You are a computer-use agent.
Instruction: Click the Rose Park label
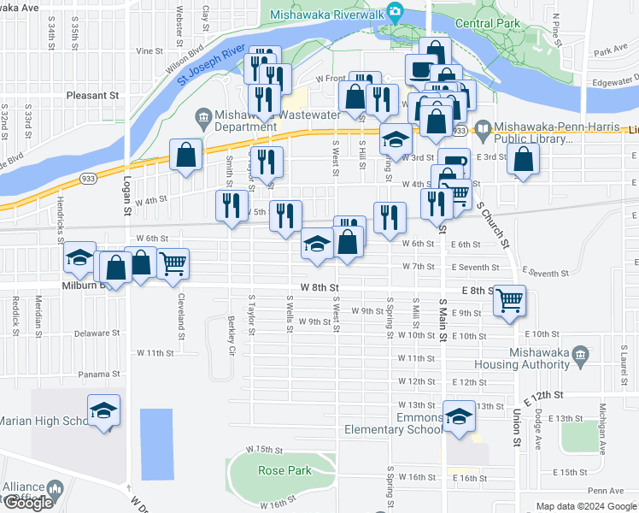[x=284, y=469]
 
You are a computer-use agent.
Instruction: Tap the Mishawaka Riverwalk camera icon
[x=394, y=11]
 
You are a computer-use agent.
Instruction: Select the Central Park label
[x=487, y=23]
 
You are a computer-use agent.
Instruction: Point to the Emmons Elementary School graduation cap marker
[x=459, y=416]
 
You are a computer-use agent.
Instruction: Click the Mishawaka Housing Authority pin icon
[x=580, y=354]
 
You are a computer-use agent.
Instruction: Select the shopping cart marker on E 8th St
[x=509, y=299]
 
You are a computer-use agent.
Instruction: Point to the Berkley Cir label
[x=232, y=333]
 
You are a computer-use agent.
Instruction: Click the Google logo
[x=28, y=503]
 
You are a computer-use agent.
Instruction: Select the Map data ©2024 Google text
[x=585, y=506]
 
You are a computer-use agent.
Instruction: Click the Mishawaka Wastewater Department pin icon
[x=204, y=115]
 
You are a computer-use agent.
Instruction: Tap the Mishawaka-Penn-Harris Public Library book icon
[x=484, y=130]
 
